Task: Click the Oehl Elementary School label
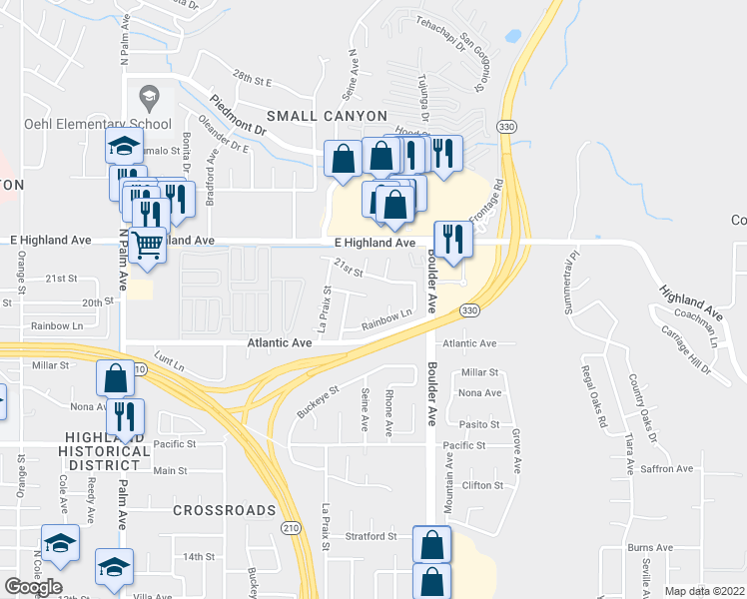pyautogui.click(x=99, y=124)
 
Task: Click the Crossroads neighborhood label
pyautogui.click(x=223, y=510)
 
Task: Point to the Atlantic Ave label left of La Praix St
pyautogui.click(x=281, y=342)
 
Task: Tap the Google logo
pyautogui.click(x=33, y=587)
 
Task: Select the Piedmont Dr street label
pyautogui.click(x=239, y=116)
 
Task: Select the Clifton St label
pyautogui.click(x=482, y=485)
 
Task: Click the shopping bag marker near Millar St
pyautogui.click(x=115, y=378)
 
